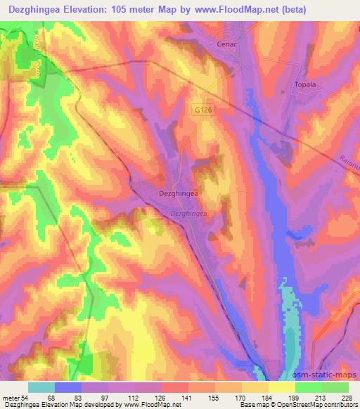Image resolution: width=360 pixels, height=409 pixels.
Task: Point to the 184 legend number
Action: click(x=266, y=398)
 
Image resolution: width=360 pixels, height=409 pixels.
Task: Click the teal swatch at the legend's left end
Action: click(x=41, y=387)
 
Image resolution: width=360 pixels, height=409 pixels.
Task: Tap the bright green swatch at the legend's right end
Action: click(x=335, y=387)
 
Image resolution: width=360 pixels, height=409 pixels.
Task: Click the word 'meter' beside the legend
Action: click(x=12, y=398)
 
